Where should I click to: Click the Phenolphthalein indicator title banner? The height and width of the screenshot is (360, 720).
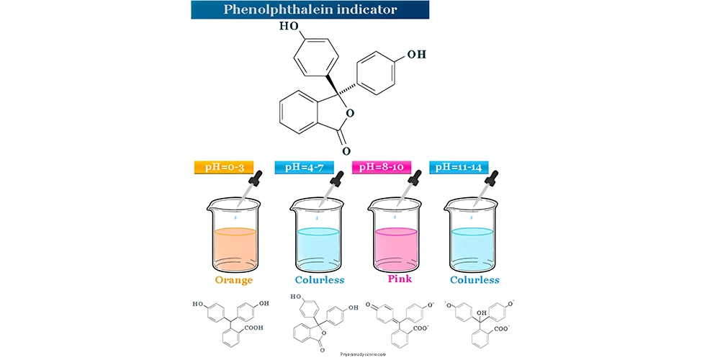tap(310, 10)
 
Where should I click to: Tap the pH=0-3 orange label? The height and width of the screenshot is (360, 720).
tap(224, 167)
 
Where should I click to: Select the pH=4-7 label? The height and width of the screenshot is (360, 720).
tap(305, 167)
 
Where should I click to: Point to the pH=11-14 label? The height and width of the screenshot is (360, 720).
tap(459, 167)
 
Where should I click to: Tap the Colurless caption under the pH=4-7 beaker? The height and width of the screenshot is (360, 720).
tap(320, 279)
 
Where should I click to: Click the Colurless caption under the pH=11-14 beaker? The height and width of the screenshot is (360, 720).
tap(474, 279)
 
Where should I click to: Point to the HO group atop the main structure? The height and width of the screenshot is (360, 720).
tap(289, 26)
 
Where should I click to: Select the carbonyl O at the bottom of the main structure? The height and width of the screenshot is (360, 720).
tap(346, 151)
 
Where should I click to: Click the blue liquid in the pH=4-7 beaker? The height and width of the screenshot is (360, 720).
tap(318, 248)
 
